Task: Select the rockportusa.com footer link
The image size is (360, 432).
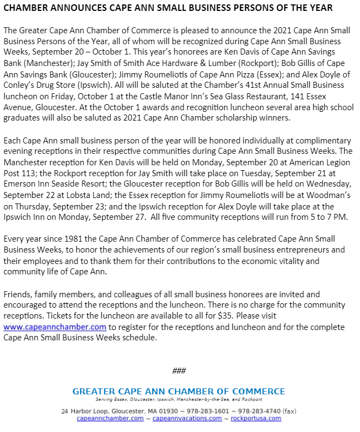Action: click(256, 418)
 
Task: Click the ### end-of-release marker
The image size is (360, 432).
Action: click(179, 371)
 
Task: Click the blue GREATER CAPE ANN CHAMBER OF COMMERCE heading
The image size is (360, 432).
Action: click(178, 391)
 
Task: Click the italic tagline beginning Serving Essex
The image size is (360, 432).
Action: click(178, 399)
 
